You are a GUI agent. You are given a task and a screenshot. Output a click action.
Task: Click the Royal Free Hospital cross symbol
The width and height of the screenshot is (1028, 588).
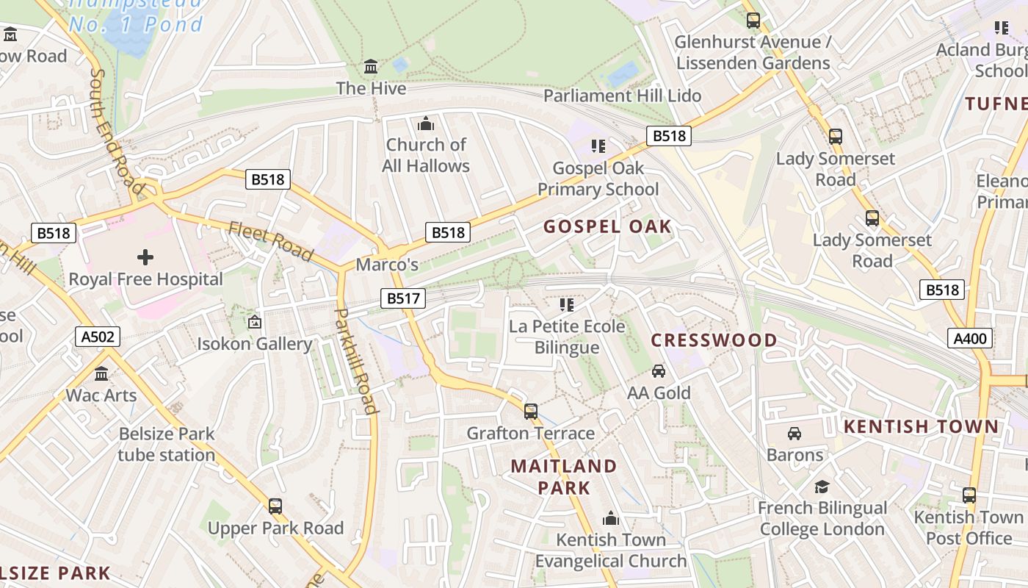145,257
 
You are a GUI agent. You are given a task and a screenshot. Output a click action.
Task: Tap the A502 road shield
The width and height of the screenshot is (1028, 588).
98,337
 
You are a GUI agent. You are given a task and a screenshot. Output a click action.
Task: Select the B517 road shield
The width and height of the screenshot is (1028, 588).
404,298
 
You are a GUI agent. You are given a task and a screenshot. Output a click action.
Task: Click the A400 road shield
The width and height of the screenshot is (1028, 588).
970,338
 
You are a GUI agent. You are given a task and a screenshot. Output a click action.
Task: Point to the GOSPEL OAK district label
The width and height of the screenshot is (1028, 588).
607,226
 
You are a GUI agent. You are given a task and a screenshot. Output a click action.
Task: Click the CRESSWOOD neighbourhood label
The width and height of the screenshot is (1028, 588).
714,340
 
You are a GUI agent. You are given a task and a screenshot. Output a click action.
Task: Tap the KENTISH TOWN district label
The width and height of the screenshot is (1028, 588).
921,426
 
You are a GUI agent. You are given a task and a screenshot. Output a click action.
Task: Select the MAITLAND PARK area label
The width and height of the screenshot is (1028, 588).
564,476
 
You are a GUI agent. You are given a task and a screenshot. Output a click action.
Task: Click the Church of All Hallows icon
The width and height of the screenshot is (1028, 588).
426,123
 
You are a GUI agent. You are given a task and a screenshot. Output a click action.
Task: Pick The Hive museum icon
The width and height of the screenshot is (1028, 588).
372,67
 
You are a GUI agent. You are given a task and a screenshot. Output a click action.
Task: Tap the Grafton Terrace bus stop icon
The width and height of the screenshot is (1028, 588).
531,412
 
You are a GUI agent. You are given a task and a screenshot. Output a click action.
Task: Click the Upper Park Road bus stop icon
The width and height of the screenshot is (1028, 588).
275,506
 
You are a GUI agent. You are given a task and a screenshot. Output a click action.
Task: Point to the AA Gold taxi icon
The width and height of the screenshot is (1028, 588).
659,371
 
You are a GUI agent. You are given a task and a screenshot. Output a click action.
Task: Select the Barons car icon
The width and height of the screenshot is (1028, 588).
794,434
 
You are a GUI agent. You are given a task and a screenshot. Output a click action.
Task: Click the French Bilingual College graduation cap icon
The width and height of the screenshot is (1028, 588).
822,487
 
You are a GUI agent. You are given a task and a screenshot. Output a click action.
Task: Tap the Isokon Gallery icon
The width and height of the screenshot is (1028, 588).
254,322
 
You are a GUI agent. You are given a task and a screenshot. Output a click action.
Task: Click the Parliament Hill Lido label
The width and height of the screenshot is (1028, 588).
622,96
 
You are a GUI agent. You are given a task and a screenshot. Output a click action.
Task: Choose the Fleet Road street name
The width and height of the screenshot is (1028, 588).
271,241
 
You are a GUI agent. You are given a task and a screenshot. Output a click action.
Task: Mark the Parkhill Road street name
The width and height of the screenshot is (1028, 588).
355,360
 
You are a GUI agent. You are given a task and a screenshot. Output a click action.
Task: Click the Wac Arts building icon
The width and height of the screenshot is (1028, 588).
101,374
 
